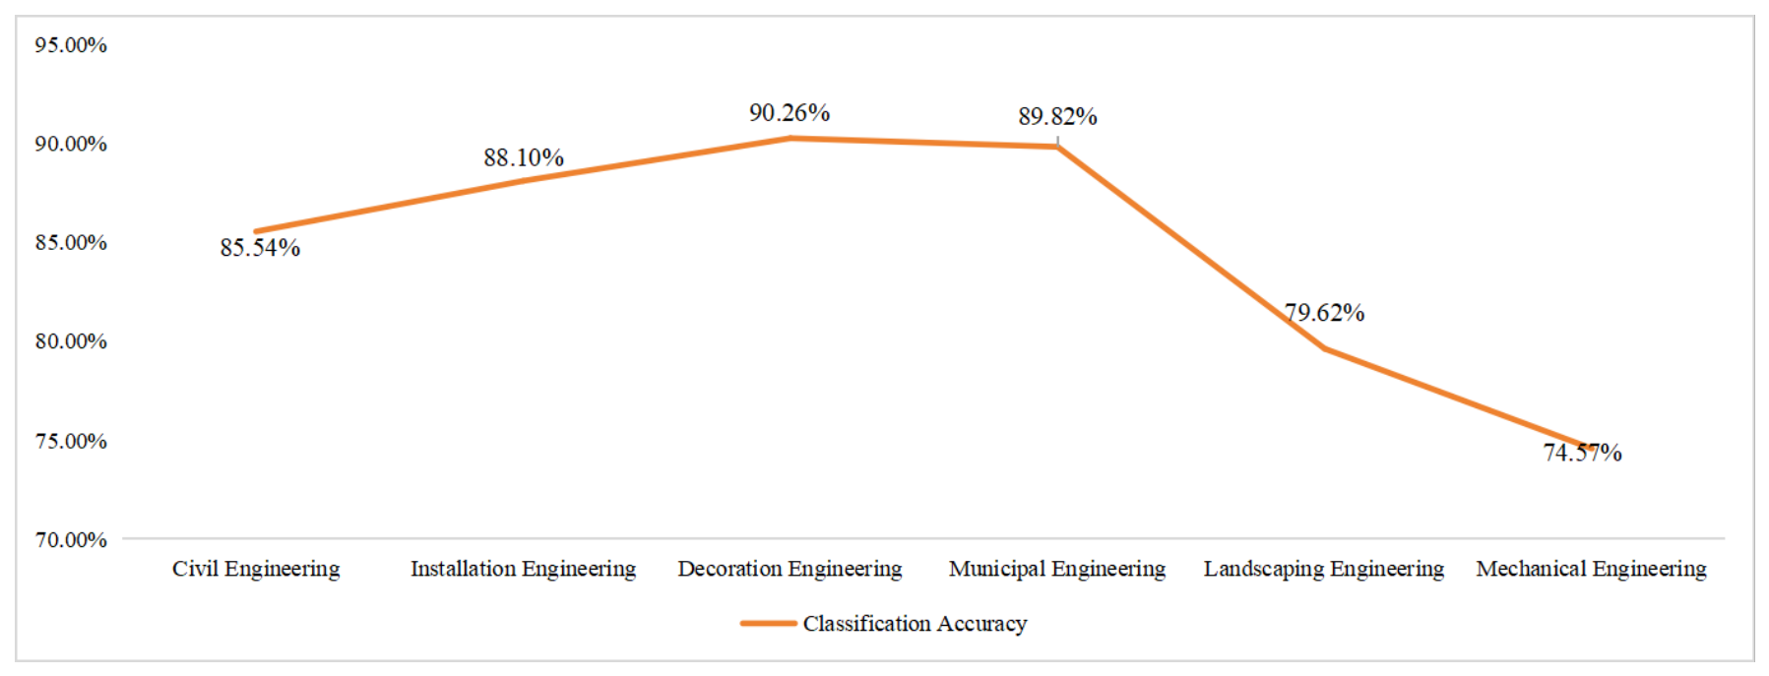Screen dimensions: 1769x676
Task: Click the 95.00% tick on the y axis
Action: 71,45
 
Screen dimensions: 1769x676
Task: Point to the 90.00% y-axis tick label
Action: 71,144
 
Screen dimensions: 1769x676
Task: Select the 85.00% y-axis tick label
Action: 71,242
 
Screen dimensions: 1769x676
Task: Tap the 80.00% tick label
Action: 71,341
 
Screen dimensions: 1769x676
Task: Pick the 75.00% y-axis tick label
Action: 71,441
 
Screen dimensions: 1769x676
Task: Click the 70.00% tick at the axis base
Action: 71,539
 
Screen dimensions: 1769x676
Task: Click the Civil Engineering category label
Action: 256,570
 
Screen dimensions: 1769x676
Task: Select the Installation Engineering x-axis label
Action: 523,570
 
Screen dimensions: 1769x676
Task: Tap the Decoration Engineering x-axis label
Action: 790,570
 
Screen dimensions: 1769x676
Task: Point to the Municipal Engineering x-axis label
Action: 1057,570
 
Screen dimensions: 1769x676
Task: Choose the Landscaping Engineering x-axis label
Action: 1324,570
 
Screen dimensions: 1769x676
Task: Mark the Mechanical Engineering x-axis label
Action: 1591,570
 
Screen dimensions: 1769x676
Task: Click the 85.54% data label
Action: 260,248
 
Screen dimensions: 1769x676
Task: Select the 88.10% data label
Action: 524,157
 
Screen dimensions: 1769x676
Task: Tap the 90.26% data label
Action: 790,113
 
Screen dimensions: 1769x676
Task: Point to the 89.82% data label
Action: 1057,116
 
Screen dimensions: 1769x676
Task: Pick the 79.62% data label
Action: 1324,313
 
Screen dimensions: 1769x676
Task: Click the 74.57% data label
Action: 1582,453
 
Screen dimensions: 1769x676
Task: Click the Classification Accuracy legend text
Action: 915,624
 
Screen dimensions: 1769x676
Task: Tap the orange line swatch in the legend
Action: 768,624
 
